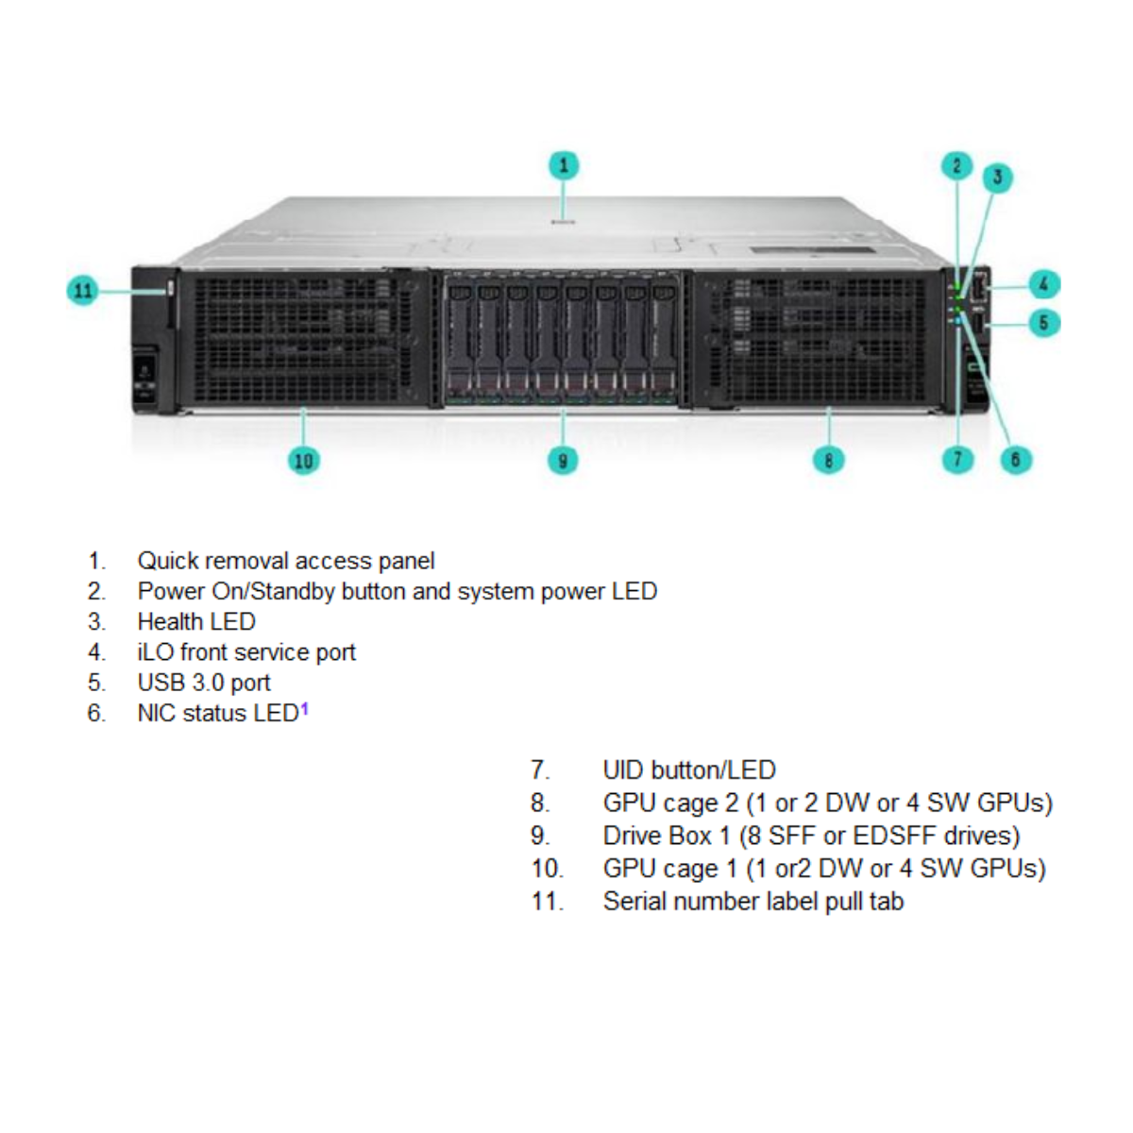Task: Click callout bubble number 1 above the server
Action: tap(564, 165)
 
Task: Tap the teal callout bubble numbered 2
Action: tap(956, 166)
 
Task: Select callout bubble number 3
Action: tap(997, 178)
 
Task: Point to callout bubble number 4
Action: tap(1043, 283)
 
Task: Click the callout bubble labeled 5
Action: tap(1043, 323)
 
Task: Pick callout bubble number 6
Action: tap(1016, 460)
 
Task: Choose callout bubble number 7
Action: tap(957, 460)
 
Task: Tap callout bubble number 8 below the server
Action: tap(828, 460)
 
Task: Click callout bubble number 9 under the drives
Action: tap(563, 461)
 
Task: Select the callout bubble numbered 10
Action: tap(303, 461)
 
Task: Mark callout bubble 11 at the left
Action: tap(83, 290)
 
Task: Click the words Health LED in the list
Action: tap(196, 621)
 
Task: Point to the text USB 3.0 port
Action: tap(204, 683)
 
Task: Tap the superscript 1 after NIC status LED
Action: tap(305, 708)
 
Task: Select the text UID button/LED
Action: tap(689, 770)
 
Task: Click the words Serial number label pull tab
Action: tap(753, 902)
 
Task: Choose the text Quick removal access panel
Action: tap(286, 561)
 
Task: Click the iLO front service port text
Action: tap(246, 652)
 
